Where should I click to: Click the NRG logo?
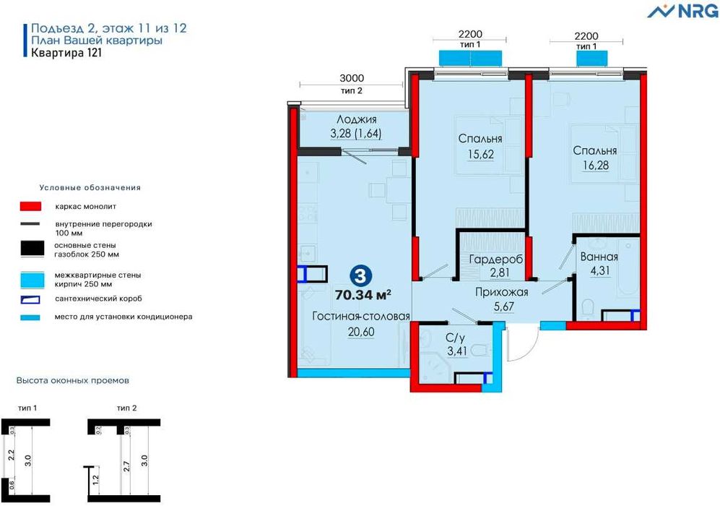pos(682,10)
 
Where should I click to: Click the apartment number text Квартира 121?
pos(66,52)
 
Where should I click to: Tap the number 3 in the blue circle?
pos(361,276)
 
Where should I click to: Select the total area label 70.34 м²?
pos(363,295)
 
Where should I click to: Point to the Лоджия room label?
pos(356,119)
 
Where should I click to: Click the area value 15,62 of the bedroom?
pos(481,155)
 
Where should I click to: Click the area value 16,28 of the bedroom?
pos(596,166)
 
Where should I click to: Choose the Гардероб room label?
pos(496,260)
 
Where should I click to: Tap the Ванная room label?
pos(599,257)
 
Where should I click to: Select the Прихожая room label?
pos(501,292)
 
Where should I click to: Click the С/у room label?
pos(455,338)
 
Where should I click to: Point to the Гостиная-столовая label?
pos(361,316)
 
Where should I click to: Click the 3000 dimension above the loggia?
pos(352,78)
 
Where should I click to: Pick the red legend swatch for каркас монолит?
pos(31,206)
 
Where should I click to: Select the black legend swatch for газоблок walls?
pos(32,249)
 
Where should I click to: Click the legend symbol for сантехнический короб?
pos(30,300)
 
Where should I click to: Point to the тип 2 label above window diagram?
pos(126,408)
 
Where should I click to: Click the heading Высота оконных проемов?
pos(72,380)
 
